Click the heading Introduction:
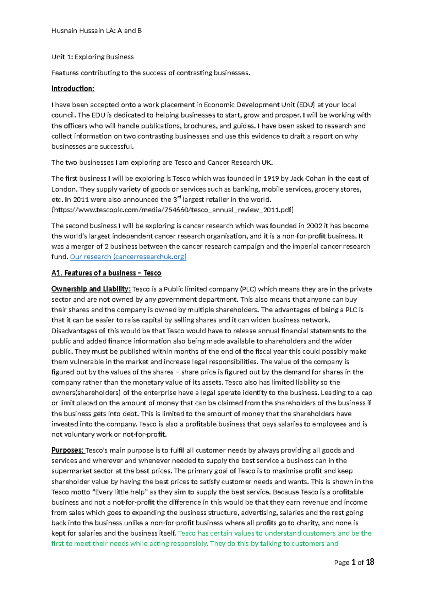(73, 89)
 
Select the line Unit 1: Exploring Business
(92, 57)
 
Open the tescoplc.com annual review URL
(173, 210)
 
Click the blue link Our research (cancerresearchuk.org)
(128, 257)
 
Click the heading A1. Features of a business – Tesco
(106, 273)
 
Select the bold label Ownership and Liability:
(91, 289)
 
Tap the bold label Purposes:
(67, 450)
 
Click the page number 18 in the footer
(370, 562)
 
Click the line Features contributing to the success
(151, 73)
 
